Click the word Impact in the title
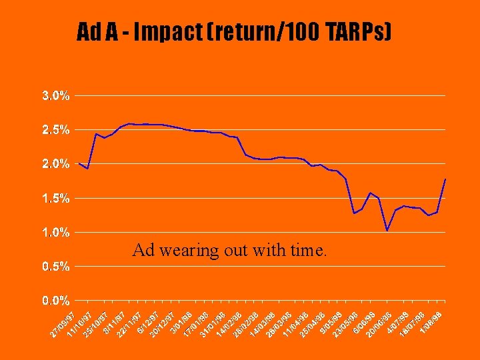point(147,31)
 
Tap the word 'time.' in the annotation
point(309,251)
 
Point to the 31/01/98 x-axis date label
point(213,321)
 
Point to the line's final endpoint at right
point(445,179)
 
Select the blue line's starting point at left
point(79,163)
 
